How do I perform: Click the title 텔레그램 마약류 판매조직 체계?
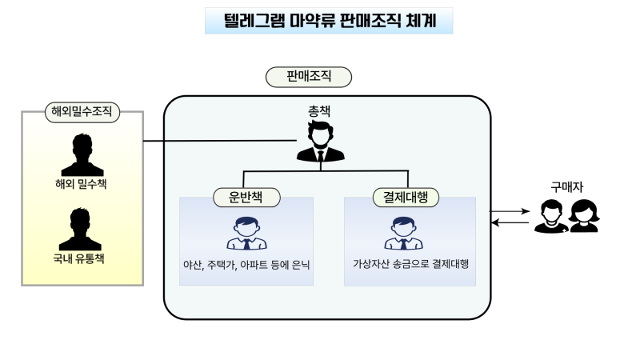(330, 21)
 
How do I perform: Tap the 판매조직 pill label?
(309, 77)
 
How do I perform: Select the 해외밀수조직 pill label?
(82, 112)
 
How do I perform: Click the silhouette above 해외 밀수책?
(82, 154)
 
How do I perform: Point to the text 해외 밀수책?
(81, 184)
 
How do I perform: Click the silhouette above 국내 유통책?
(80, 229)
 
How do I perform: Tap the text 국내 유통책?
(78, 258)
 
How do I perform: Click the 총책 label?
(319, 111)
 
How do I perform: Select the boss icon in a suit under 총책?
(321, 142)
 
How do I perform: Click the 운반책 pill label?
(246, 197)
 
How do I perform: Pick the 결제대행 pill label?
(406, 197)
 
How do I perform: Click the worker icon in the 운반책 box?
(246, 234)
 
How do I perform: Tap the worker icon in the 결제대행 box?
(404, 233)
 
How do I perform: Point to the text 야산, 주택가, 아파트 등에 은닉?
(246, 265)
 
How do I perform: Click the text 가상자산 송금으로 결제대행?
(410, 264)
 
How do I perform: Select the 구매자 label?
(567, 187)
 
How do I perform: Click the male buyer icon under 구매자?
(551, 216)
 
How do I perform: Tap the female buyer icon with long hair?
(584, 216)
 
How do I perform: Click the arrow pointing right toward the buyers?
(510, 211)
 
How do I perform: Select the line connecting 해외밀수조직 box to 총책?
(220, 141)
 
